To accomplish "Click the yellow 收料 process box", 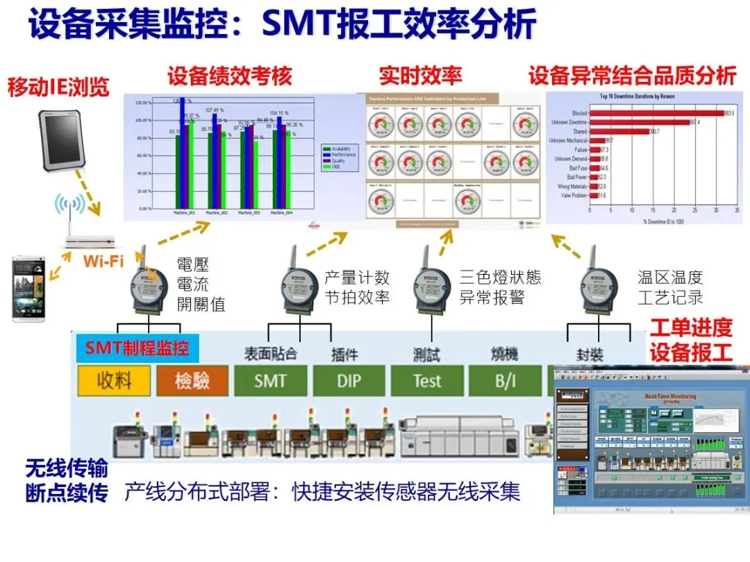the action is pos(115,380).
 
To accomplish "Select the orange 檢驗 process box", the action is pos(192,380).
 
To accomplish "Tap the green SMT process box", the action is pos(270,380).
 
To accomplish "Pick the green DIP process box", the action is pos(349,380).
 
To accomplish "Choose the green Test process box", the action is pos(426,380).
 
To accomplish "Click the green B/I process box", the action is pos(505,380).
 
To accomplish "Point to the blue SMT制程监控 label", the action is pos(137,348).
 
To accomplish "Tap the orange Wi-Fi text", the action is pos(104,261).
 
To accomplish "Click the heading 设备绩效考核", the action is pos(230,76).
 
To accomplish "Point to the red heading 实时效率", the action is pos(420,76).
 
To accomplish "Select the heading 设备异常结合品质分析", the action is pos(632,76).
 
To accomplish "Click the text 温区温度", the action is pos(670,278).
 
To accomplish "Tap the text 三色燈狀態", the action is pos(500,278).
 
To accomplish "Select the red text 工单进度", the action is pos(691,327).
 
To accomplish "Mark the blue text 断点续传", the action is pos(67,493).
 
